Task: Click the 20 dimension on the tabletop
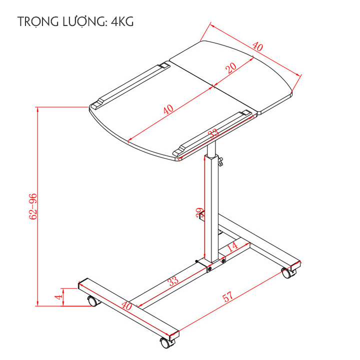(231, 68)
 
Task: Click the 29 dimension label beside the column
(199, 212)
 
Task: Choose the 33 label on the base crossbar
(172, 281)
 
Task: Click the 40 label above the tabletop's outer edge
(257, 47)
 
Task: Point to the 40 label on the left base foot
(126, 305)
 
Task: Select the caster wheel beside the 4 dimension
(92, 301)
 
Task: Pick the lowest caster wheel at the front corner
(164, 343)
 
